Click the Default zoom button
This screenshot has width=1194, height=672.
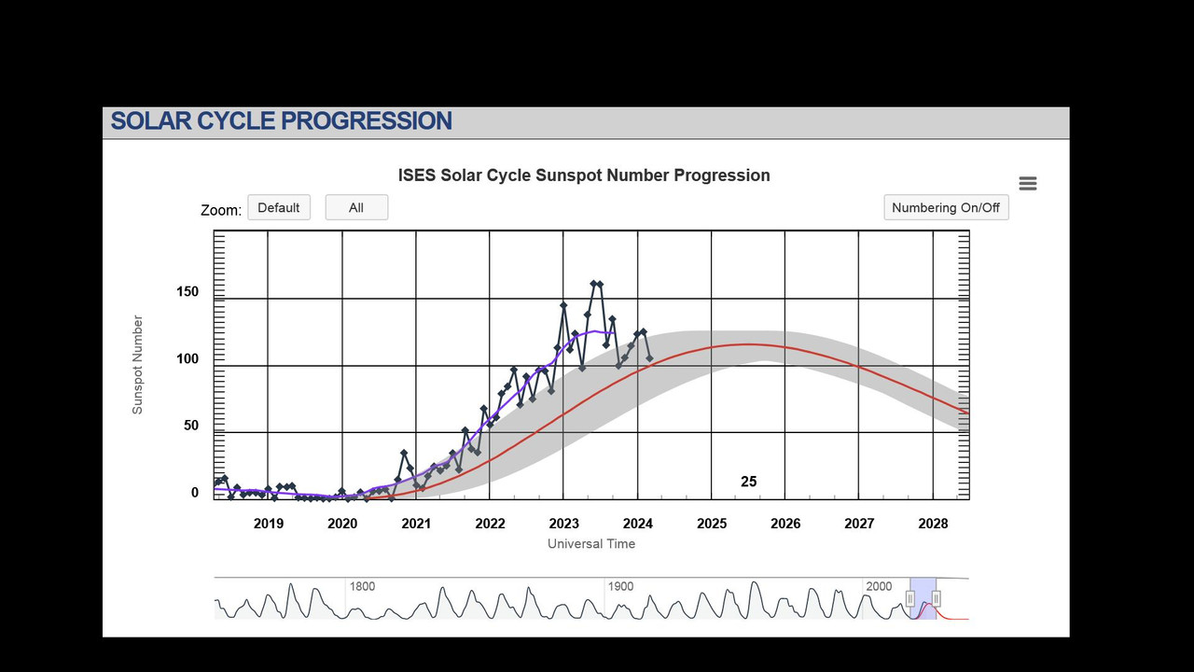click(279, 207)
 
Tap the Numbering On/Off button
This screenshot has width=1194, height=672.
click(946, 207)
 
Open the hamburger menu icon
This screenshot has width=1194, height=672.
click(1028, 184)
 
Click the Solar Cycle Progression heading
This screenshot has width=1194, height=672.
click(282, 121)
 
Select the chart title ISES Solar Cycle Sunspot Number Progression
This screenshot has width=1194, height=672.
click(584, 175)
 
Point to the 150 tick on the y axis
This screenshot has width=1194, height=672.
click(187, 292)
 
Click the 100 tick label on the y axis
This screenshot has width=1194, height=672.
click(187, 359)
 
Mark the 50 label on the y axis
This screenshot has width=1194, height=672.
click(191, 426)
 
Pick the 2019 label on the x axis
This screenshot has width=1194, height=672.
click(269, 524)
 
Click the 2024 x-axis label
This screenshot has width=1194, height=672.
click(638, 524)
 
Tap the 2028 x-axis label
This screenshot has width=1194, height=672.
click(933, 524)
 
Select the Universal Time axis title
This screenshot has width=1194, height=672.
click(591, 544)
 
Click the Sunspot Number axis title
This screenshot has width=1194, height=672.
click(137, 365)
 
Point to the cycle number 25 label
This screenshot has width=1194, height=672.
click(749, 482)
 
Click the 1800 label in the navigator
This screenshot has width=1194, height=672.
click(363, 587)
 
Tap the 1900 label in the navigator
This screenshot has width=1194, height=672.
click(621, 587)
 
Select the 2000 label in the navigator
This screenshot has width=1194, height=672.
click(879, 587)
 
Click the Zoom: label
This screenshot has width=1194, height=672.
click(221, 210)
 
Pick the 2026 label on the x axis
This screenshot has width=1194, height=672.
click(785, 524)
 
